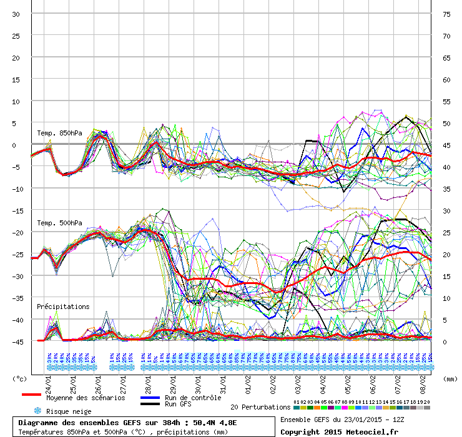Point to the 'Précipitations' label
click(63, 307)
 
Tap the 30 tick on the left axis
click(16, 14)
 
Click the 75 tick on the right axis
click(446, 14)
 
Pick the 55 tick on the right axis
click(446, 102)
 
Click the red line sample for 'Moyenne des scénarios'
click(31, 395)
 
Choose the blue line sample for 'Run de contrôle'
click(150, 398)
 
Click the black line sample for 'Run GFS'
click(150, 405)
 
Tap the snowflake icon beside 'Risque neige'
click(37, 411)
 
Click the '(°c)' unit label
click(20, 378)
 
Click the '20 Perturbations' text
click(260, 407)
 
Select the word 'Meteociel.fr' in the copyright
click(374, 431)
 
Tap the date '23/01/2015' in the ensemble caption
click(358, 420)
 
